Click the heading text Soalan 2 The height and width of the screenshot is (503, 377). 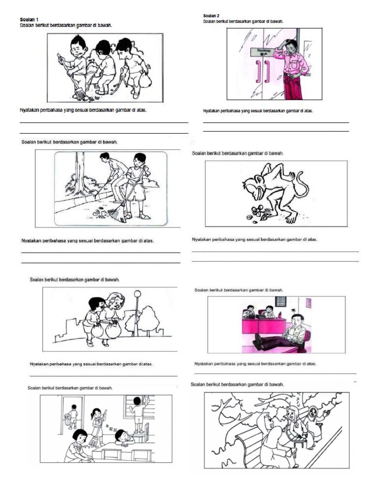[x=211, y=16]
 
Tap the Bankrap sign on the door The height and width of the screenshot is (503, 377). [x=264, y=51]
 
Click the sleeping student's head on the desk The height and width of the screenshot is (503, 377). [x=122, y=436]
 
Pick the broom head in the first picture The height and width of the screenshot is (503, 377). [x=80, y=95]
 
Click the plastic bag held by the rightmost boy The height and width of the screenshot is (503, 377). [x=145, y=80]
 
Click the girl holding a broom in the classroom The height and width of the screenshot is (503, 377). [x=97, y=424]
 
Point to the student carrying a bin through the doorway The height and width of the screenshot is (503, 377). [x=72, y=417]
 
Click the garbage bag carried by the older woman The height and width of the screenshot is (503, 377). [x=113, y=330]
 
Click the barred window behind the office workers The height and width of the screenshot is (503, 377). [x=280, y=301]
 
